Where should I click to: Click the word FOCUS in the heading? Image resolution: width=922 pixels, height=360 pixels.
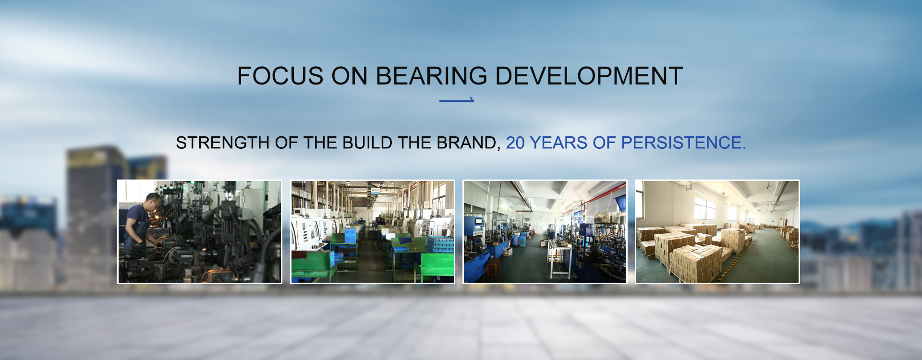click(280, 76)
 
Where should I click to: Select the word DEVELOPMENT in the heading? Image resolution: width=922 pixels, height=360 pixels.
click(589, 76)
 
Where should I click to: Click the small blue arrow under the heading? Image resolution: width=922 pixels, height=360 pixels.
click(457, 100)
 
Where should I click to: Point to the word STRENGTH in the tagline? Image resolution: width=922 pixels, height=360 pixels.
click(223, 143)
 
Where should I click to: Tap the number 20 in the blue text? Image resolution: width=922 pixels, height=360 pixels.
click(515, 143)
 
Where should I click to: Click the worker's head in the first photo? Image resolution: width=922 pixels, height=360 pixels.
click(154, 202)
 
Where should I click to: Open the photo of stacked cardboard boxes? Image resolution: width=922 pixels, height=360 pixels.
click(717, 232)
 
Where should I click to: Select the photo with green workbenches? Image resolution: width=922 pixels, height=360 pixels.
click(373, 232)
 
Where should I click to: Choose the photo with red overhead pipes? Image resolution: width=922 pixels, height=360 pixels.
click(545, 232)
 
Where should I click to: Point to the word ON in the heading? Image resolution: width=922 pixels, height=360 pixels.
click(349, 76)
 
